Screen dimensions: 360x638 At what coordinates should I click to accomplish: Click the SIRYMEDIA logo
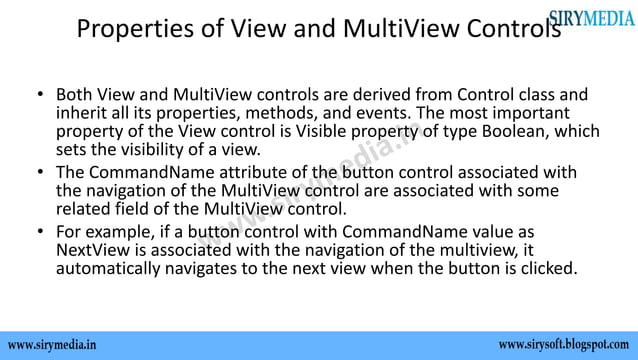click(591, 17)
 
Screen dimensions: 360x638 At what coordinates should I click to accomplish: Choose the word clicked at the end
click(546, 270)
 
